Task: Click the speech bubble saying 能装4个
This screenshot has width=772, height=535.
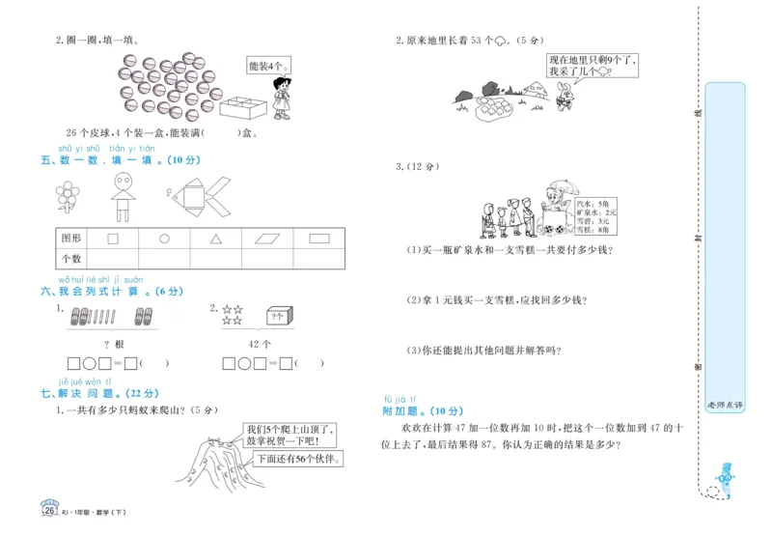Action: (x=267, y=66)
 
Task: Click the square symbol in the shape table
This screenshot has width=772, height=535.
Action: (x=112, y=238)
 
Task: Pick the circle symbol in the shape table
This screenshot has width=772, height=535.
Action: (x=164, y=238)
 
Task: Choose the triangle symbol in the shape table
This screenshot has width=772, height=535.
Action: (x=217, y=238)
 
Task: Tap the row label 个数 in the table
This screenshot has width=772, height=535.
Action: (x=71, y=259)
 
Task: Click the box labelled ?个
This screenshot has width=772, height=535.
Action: (x=279, y=316)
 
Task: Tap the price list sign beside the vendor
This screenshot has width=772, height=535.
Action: (x=591, y=215)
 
